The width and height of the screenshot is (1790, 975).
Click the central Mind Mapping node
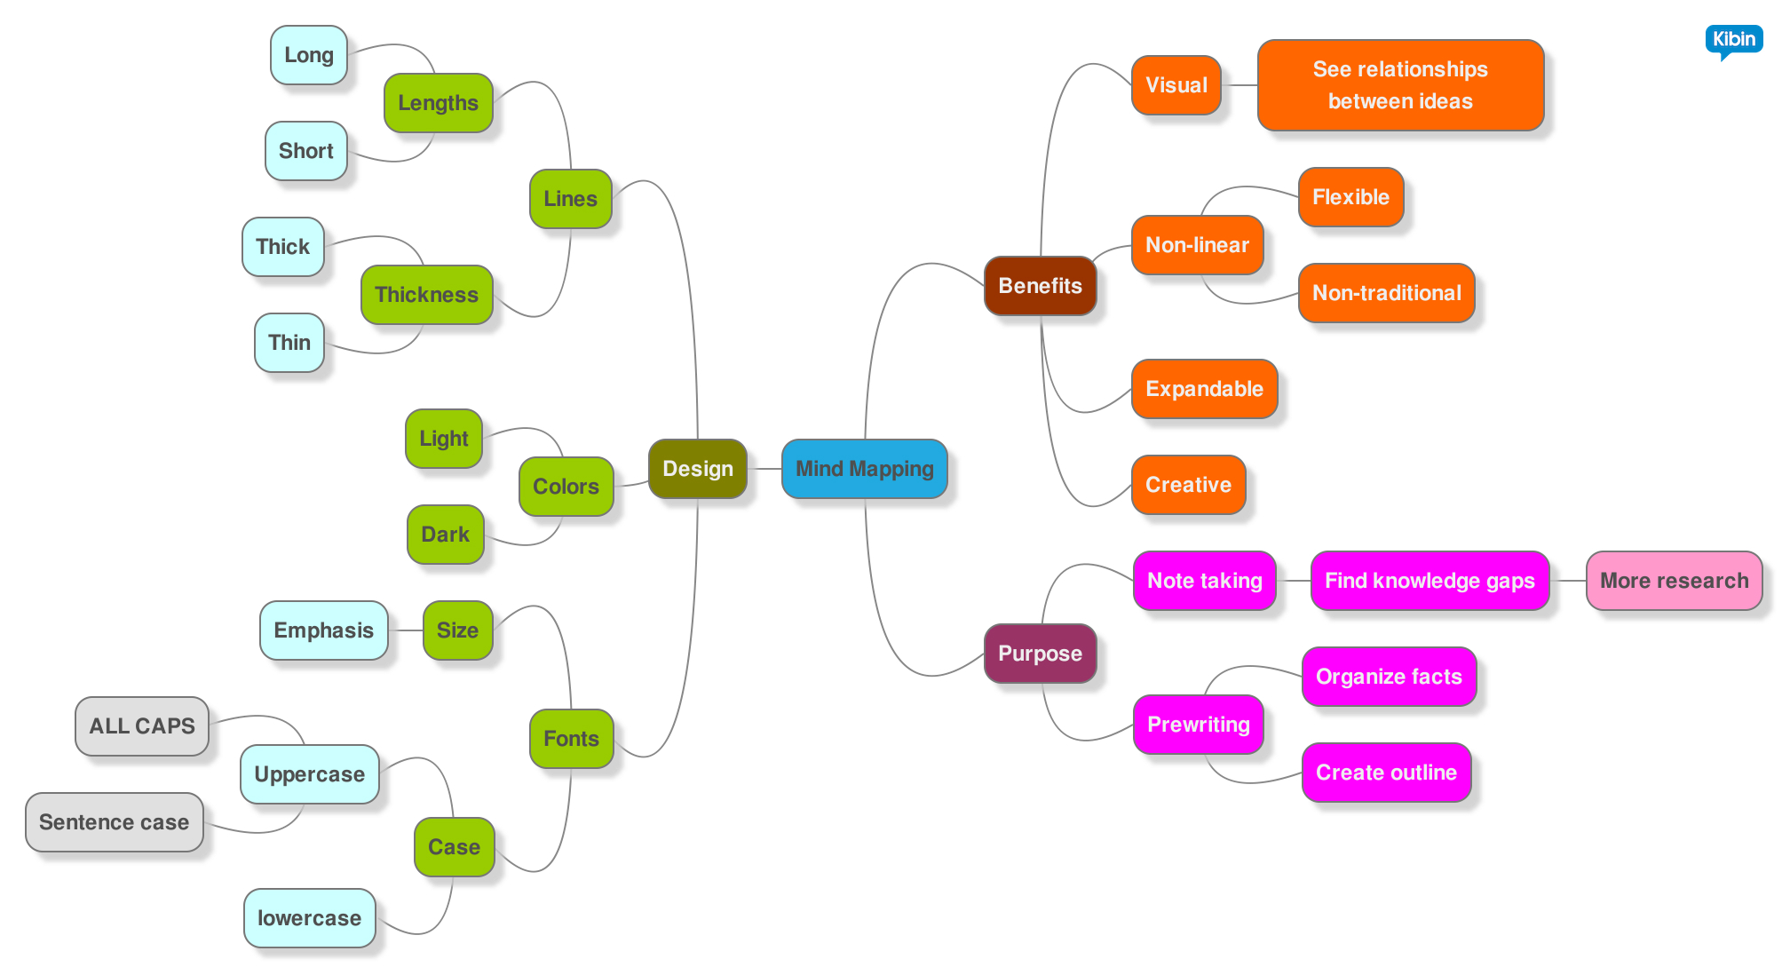pos(864,469)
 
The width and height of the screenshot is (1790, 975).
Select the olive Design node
pos(697,469)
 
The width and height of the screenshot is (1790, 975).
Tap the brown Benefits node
pos(1040,286)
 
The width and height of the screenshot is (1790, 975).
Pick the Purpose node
pos(1040,654)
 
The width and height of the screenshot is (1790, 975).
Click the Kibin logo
pos(1733,40)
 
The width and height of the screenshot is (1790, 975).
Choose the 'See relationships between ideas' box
pos(1400,85)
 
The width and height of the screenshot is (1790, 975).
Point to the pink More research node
pos(1674,581)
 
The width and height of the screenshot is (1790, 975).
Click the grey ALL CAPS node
pos(142,726)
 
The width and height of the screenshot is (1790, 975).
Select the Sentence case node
pos(115,822)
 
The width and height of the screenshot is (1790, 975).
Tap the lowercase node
pos(309,918)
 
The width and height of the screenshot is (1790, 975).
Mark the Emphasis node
pos(323,630)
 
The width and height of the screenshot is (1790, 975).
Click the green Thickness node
pos(426,295)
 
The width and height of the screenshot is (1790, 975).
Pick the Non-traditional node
pos(1386,293)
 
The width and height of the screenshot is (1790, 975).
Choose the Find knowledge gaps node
pos(1430,581)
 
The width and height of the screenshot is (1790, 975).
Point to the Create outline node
pos(1386,773)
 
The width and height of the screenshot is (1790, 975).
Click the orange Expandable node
pos(1204,389)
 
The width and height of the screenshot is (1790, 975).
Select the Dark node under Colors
pos(445,535)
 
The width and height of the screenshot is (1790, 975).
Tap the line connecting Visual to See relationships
pos(1240,85)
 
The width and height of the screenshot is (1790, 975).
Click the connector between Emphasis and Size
pos(406,630)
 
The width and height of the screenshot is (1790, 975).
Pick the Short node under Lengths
pos(305,151)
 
